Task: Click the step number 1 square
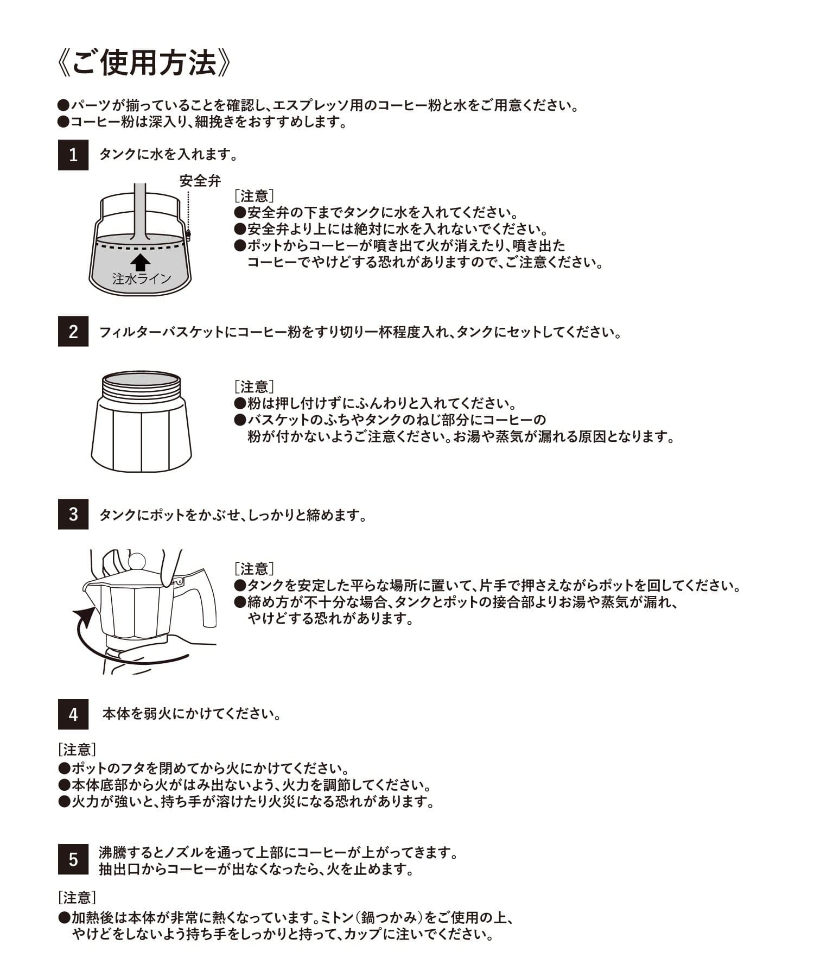(x=73, y=155)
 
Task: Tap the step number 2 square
(x=73, y=332)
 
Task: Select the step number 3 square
(x=73, y=514)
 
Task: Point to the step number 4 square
(x=73, y=714)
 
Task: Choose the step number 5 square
(x=73, y=859)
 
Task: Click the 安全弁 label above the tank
(x=200, y=181)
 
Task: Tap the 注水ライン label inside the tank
(x=142, y=279)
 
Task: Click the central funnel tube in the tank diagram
(x=140, y=212)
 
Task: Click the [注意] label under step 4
(x=77, y=750)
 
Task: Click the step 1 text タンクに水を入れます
(x=169, y=155)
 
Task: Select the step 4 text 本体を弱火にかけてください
(x=192, y=714)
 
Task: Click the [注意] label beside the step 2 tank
(x=254, y=386)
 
